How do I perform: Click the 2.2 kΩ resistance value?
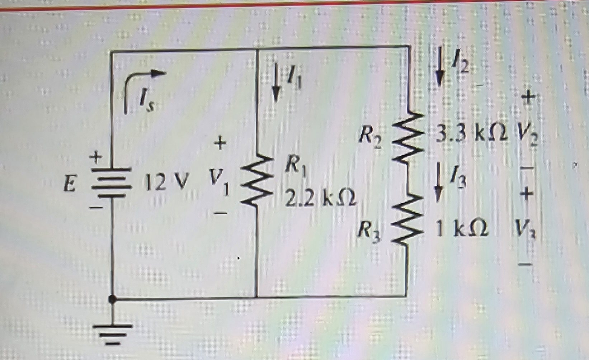320,198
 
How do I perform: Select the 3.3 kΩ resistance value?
472,133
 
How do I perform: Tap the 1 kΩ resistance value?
462,228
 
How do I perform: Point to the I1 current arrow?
276,82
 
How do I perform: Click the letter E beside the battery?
70,184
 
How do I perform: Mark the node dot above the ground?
113,299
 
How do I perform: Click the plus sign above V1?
220,143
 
